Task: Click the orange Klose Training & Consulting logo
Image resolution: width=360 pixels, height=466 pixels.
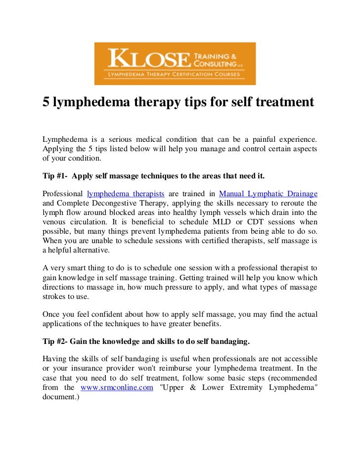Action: click(x=175, y=63)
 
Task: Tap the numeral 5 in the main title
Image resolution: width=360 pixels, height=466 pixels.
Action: click(x=46, y=102)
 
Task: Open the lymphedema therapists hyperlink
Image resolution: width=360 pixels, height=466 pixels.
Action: click(x=126, y=193)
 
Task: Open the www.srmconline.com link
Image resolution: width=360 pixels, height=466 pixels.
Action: click(x=117, y=387)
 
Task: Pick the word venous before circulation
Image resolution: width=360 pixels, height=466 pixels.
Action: click(x=54, y=222)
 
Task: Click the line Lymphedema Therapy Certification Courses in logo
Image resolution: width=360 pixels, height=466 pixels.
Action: click(x=175, y=75)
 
